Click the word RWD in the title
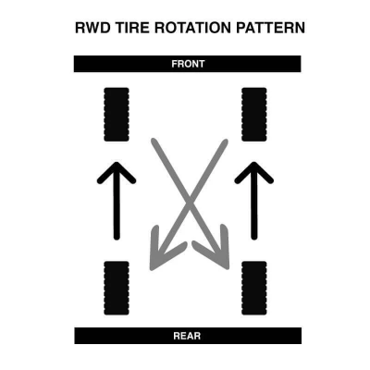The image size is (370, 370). point(93,28)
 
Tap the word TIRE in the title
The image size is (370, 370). point(132,28)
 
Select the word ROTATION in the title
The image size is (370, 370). point(192,28)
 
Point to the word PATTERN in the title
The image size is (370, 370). point(271,28)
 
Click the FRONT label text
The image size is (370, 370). point(188,64)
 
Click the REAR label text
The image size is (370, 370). point(187,336)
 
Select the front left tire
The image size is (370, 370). point(117,115)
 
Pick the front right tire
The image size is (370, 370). point(254,115)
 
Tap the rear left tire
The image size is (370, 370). point(117,288)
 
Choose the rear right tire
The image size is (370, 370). point(254,288)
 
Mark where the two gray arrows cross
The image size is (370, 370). point(189,202)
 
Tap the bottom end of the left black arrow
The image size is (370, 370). point(117,238)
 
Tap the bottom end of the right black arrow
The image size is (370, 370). point(254,238)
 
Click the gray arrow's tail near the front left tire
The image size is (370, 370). point(154,142)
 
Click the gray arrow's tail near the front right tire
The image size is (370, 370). point(225,142)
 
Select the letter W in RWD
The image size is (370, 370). point(93,28)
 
